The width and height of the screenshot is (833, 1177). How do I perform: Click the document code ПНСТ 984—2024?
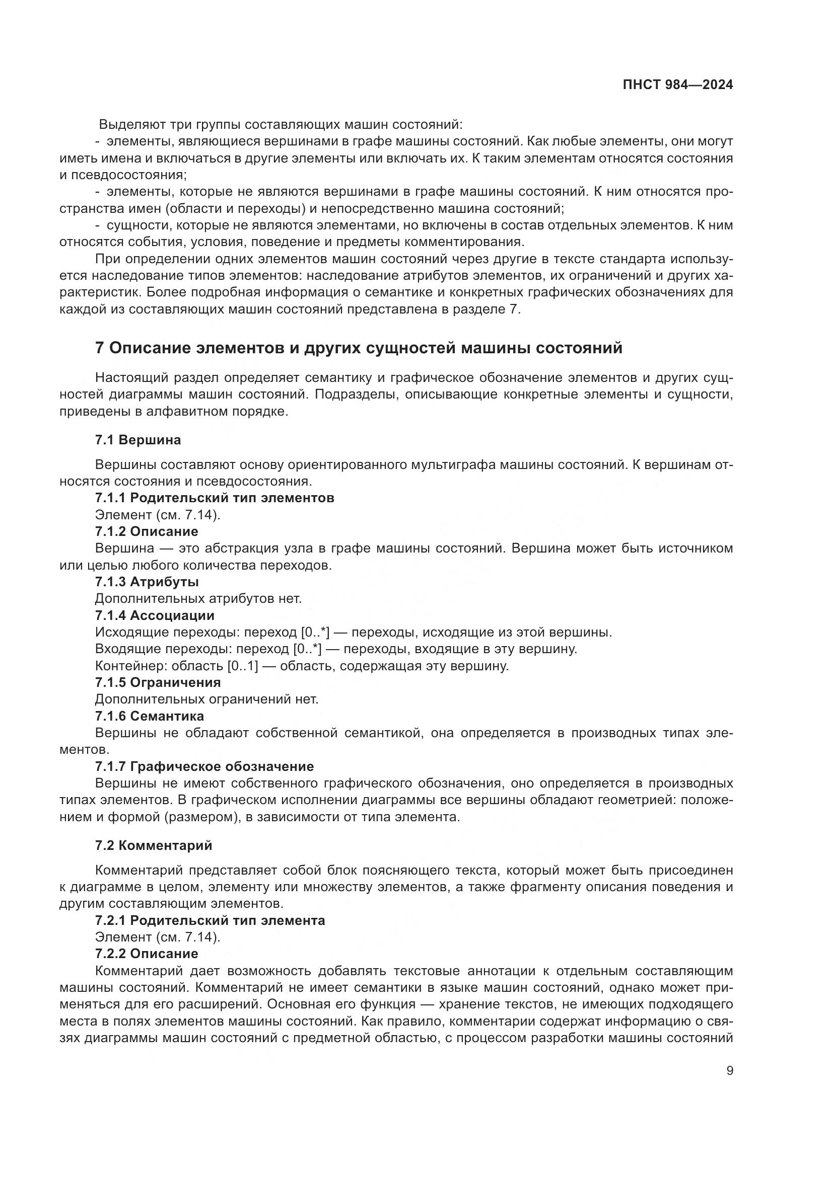click(677, 85)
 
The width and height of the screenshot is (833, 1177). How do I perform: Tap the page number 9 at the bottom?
click(730, 1071)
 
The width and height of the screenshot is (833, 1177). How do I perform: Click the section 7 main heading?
click(359, 348)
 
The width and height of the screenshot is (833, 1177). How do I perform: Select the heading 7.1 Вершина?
click(138, 440)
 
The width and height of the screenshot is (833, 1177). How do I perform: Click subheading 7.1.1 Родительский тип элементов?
click(215, 498)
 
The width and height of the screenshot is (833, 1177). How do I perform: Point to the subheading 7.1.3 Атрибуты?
click(147, 582)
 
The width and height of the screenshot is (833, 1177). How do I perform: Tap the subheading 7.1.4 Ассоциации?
click(155, 615)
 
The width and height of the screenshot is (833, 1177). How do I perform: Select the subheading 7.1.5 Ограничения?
click(158, 682)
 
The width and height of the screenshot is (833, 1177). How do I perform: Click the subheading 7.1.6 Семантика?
click(149, 716)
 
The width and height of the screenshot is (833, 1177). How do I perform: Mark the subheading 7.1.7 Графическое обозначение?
click(204, 766)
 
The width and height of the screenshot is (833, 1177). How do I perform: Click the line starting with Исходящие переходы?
click(354, 633)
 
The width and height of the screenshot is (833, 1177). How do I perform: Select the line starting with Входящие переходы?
click(336, 649)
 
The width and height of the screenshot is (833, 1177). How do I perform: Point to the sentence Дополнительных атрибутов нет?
click(198, 599)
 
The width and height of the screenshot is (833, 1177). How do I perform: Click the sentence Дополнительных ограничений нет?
click(206, 699)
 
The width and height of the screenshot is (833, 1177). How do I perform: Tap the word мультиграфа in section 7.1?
click(453, 465)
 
